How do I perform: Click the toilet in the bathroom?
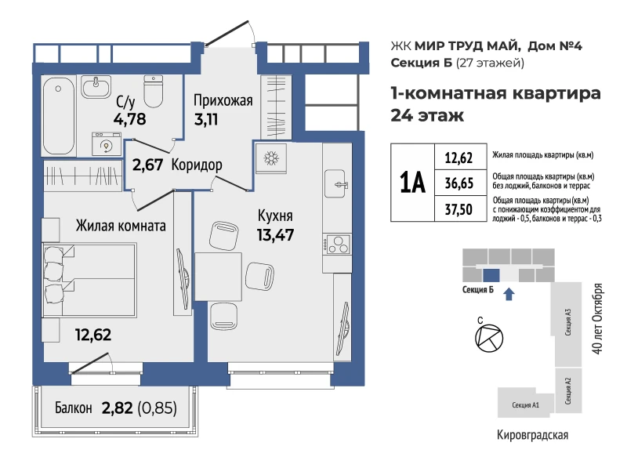153,91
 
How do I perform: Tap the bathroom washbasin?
96,86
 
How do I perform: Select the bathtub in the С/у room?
58,115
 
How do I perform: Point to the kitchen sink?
335,183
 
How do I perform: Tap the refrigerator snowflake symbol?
271,158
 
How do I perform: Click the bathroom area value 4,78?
129,119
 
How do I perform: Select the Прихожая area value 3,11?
206,119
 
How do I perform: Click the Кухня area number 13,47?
276,234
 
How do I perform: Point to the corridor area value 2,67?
147,165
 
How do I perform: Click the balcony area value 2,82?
117,408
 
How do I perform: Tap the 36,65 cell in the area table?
459,183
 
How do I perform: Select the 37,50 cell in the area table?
459,208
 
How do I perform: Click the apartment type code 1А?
413,183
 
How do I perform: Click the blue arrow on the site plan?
509,295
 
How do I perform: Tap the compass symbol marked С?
488,338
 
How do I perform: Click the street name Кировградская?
532,435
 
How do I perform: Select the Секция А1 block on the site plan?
525,403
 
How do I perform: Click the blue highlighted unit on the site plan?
491,275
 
